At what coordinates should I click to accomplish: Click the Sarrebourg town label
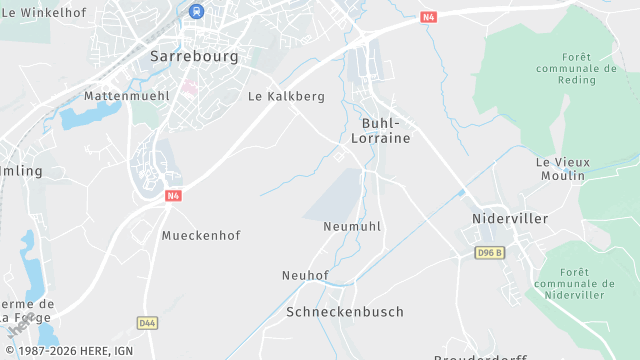click(194, 57)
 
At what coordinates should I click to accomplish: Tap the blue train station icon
click(197, 11)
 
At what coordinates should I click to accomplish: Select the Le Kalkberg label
click(286, 97)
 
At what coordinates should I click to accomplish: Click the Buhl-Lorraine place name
click(381, 130)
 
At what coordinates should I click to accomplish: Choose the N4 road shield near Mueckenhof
click(173, 196)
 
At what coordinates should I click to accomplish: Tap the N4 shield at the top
click(429, 17)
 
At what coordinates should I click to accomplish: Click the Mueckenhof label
click(201, 236)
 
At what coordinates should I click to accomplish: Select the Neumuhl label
click(352, 227)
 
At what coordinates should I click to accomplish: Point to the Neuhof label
click(305, 276)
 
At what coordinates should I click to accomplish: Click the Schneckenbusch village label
click(345, 312)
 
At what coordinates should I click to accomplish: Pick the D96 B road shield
click(489, 253)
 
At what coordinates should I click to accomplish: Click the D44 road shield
click(148, 322)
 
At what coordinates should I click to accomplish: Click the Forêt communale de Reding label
click(575, 68)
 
